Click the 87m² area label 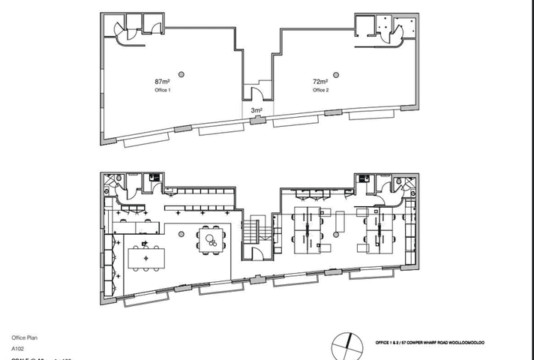[161, 81]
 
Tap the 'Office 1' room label [163, 90]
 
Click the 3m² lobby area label [256, 111]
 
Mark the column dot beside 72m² [335, 73]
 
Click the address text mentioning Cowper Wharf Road [427, 343]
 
